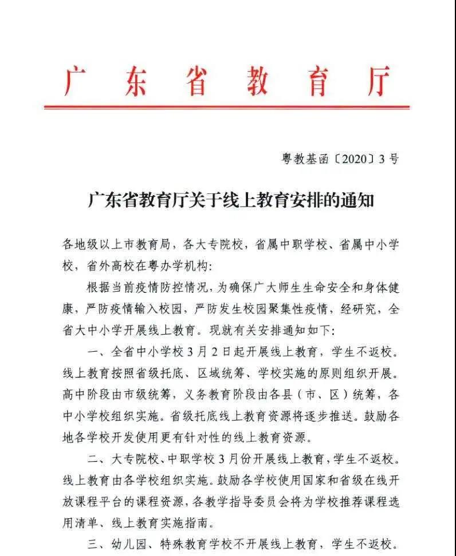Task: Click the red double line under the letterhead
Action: (x=227, y=106)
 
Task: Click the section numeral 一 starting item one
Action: (x=93, y=352)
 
